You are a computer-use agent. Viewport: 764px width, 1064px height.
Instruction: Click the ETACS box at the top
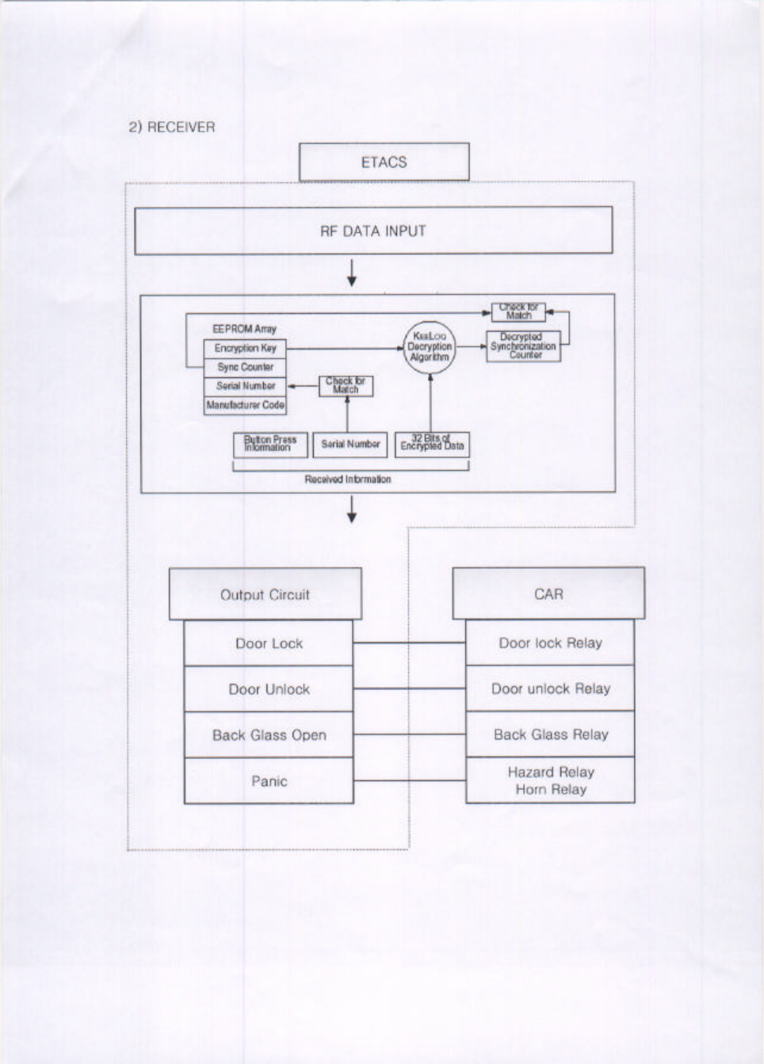[x=384, y=162]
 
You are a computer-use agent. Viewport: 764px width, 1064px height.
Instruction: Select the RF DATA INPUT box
[x=373, y=231]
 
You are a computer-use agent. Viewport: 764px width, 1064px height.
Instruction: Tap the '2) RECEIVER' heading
[x=172, y=127]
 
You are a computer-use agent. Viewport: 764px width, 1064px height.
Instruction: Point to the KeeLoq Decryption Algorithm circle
[x=430, y=347]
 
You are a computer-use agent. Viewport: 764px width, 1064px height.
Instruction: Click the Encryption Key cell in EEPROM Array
[x=245, y=348]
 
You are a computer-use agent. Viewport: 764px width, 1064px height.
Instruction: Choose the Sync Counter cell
[x=245, y=367]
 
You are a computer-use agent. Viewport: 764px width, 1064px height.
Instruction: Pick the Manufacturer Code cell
[x=245, y=405]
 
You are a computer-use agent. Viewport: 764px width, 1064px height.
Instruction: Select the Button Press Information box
[x=270, y=444]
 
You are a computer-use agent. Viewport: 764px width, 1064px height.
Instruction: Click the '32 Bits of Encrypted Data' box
[x=432, y=444]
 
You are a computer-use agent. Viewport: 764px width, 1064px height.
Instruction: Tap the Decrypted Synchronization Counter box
[x=523, y=346]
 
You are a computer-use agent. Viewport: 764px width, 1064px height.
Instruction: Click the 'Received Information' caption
[x=347, y=479]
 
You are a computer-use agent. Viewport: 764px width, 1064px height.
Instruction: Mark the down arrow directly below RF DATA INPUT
[x=351, y=274]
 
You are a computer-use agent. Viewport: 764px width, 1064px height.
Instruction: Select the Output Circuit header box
[x=265, y=594]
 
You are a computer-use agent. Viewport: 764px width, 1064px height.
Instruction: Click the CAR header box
[x=548, y=593]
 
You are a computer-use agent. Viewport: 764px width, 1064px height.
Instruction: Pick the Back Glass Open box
[x=269, y=735]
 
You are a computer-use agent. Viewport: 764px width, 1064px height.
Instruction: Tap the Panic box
[x=269, y=781]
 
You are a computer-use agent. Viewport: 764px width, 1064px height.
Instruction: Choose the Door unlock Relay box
[x=550, y=688]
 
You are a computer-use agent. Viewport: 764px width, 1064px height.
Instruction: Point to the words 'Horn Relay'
[x=551, y=790]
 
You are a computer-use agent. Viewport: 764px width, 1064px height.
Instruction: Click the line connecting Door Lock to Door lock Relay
[x=409, y=643]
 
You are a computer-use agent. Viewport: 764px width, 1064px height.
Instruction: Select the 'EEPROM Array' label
[x=244, y=329]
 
